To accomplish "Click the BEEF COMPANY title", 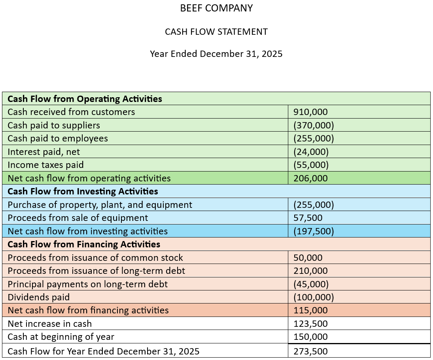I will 216,8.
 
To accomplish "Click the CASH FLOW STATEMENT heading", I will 216,32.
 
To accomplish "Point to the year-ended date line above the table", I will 216,54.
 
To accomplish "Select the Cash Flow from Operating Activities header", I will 85,99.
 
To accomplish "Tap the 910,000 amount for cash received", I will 310,112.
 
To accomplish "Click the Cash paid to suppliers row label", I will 54,125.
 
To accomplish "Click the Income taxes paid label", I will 45,165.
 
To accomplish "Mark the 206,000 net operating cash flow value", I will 310,178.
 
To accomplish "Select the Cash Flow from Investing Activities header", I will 83,191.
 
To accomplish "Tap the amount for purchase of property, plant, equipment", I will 314,205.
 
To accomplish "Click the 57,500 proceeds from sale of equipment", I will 308,218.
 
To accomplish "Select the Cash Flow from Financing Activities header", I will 84,244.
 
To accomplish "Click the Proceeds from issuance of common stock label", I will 95,258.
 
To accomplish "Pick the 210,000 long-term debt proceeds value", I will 310,271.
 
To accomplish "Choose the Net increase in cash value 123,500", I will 310,324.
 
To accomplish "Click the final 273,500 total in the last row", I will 310,351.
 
